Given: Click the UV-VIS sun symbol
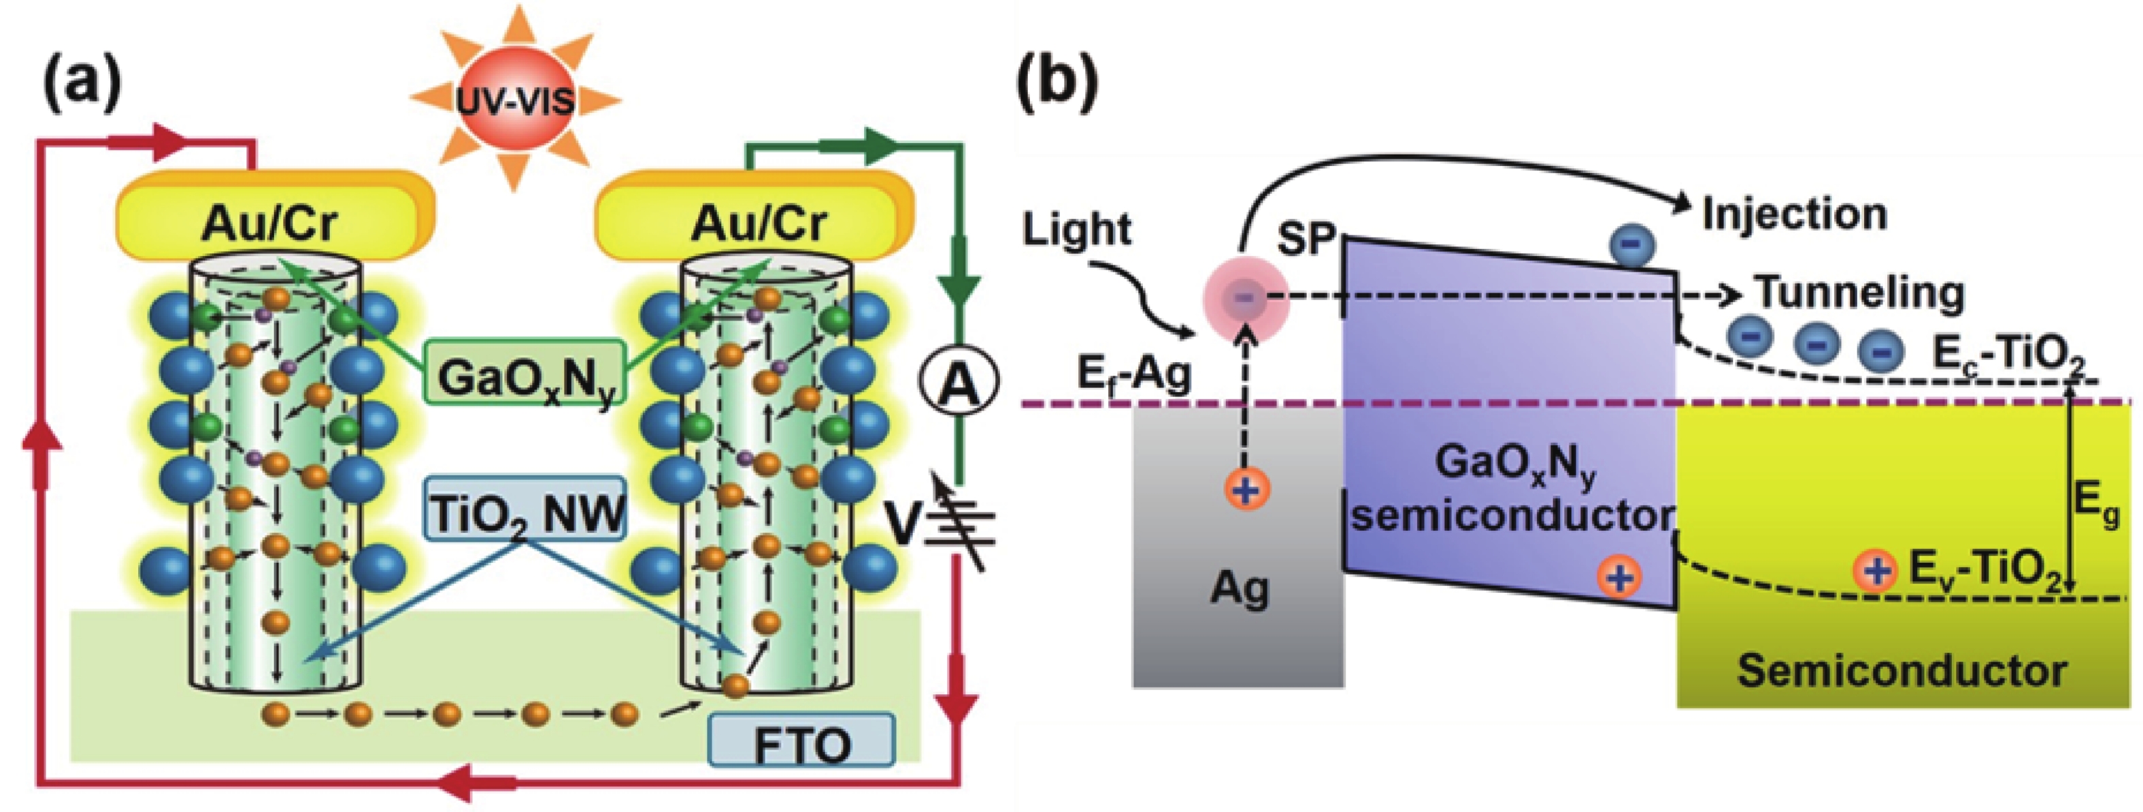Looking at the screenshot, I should pos(515,100).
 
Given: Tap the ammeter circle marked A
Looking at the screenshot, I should pos(959,385).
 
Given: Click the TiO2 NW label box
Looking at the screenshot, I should pos(525,509).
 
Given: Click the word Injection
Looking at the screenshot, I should pos(1795,214).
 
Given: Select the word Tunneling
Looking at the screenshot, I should pos(1859,293).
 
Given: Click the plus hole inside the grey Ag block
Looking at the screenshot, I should pos(1246,489).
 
